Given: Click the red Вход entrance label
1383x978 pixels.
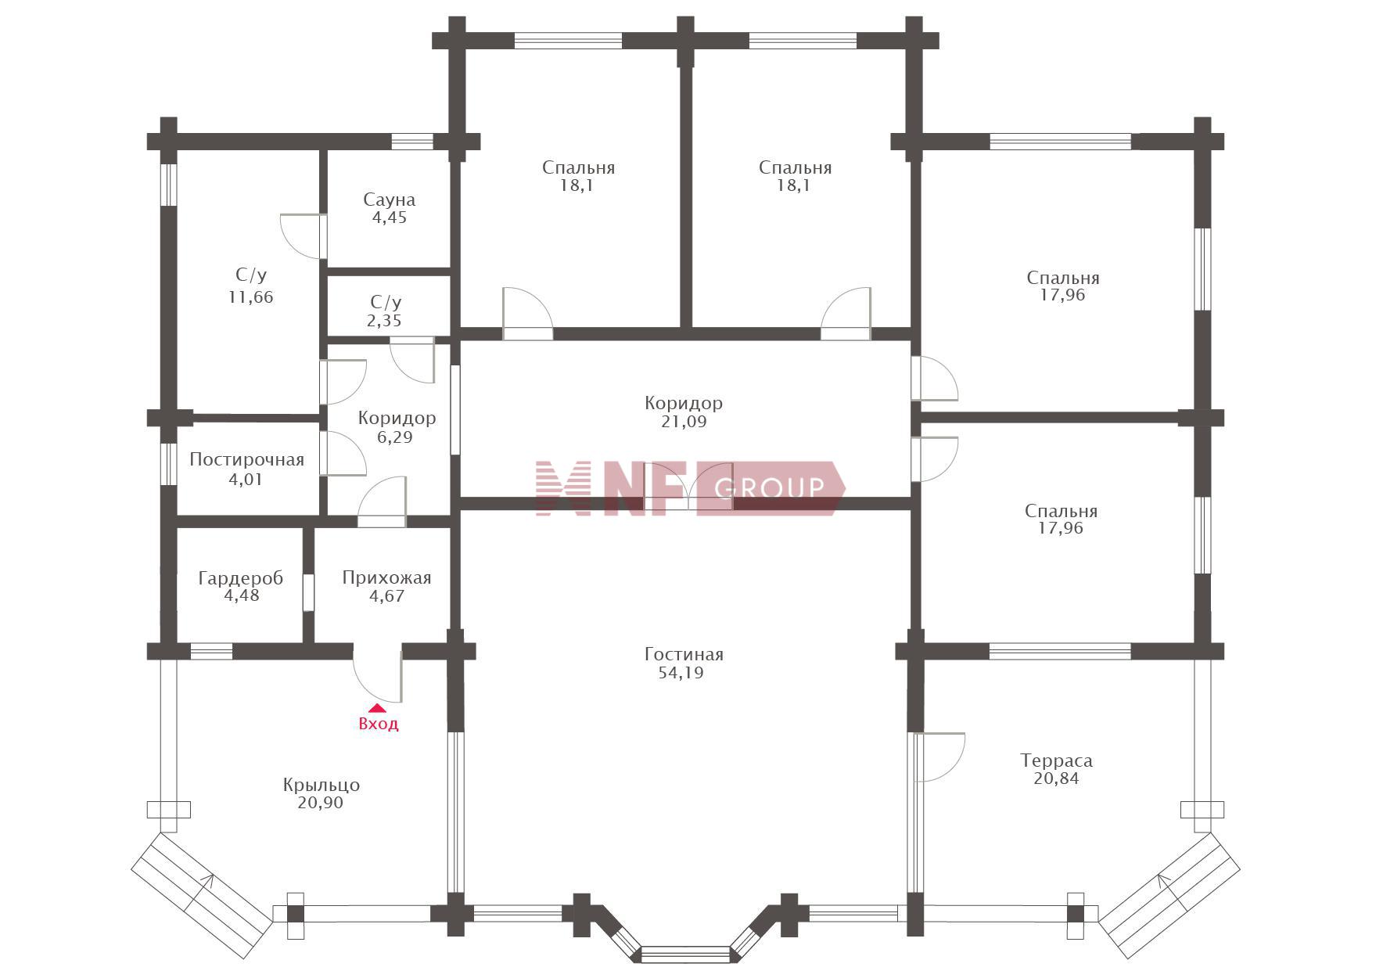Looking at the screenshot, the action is [379, 724].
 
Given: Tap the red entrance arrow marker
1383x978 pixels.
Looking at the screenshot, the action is [378, 708].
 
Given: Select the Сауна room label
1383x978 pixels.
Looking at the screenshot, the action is [389, 200].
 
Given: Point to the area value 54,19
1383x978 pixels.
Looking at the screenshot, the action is [681, 673].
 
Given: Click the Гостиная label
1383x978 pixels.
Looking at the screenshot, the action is [684, 654].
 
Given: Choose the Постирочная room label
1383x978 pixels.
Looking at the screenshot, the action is [246, 460].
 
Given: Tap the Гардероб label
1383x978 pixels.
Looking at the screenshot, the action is [240, 579].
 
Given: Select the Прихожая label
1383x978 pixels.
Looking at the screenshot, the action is [386, 578].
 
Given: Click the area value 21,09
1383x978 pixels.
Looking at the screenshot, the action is [683, 422].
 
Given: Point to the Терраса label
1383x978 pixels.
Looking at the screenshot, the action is [1056, 760].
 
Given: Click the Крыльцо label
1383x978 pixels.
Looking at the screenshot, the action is [322, 785].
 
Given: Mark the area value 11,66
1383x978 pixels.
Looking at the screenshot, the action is [251, 297].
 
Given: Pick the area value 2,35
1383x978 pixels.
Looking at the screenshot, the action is [384, 321].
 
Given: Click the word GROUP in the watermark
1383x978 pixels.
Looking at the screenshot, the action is [770, 488].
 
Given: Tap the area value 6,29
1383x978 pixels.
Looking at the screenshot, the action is [395, 437].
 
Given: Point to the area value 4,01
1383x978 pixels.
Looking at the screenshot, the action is [246, 480].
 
